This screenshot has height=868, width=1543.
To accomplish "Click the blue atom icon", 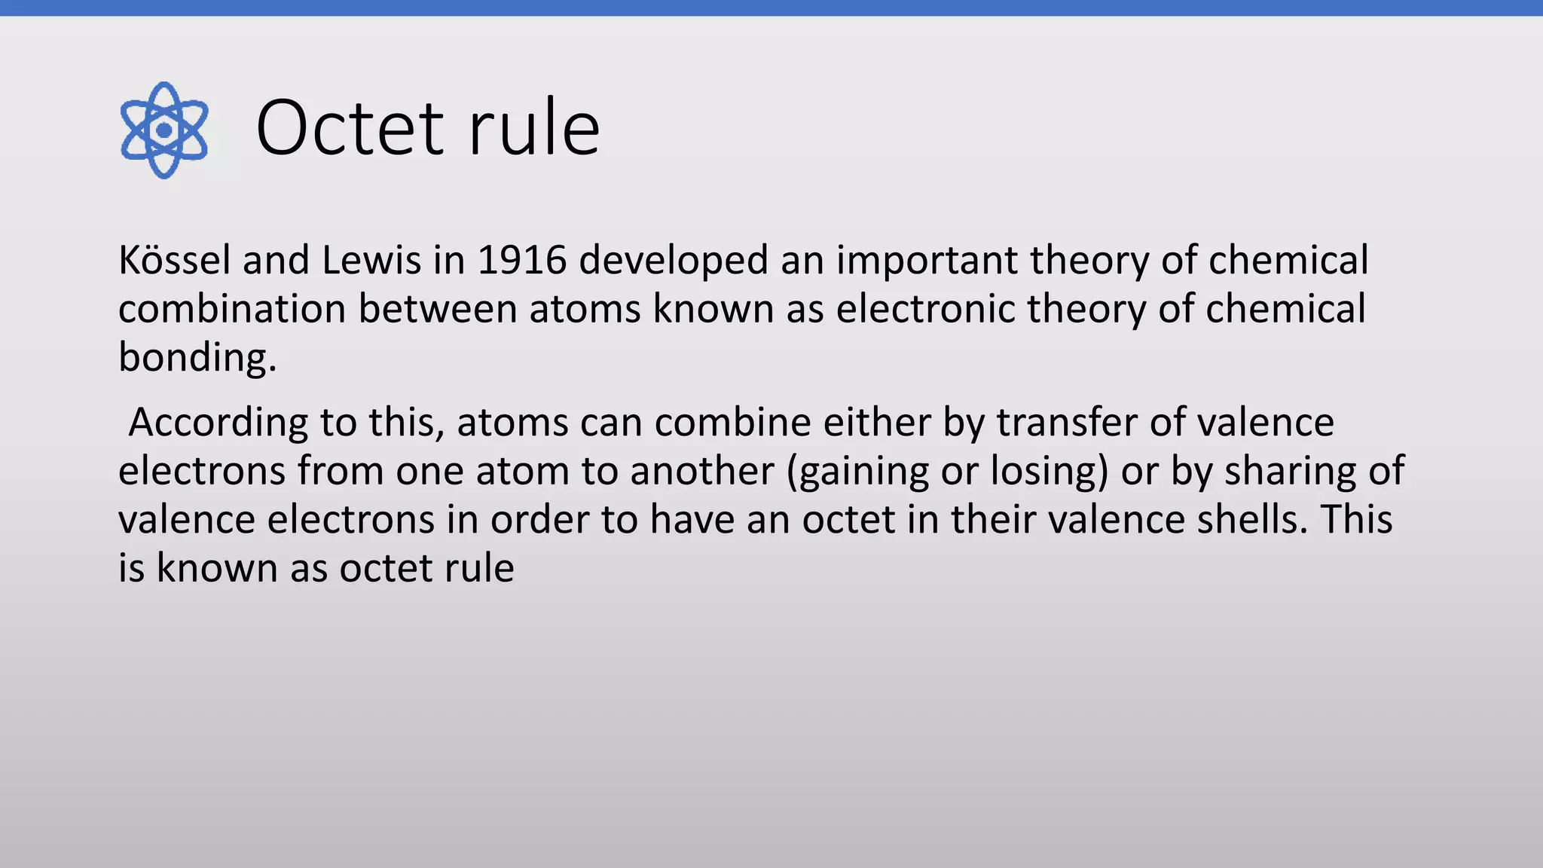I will click(x=163, y=130).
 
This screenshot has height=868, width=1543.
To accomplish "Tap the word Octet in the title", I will click(x=350, y=128).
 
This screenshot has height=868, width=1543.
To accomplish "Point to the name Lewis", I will click(x=371, y=260).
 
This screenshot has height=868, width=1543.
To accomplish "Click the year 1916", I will click(x=521, y=260).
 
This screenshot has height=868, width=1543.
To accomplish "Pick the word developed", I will click(x=673, y=261).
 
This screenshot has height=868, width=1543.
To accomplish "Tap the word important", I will click(x=927, y=261).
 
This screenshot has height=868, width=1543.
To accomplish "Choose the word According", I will click(x=218, y=423).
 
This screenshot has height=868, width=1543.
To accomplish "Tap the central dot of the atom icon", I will click(x=163, y=130).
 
